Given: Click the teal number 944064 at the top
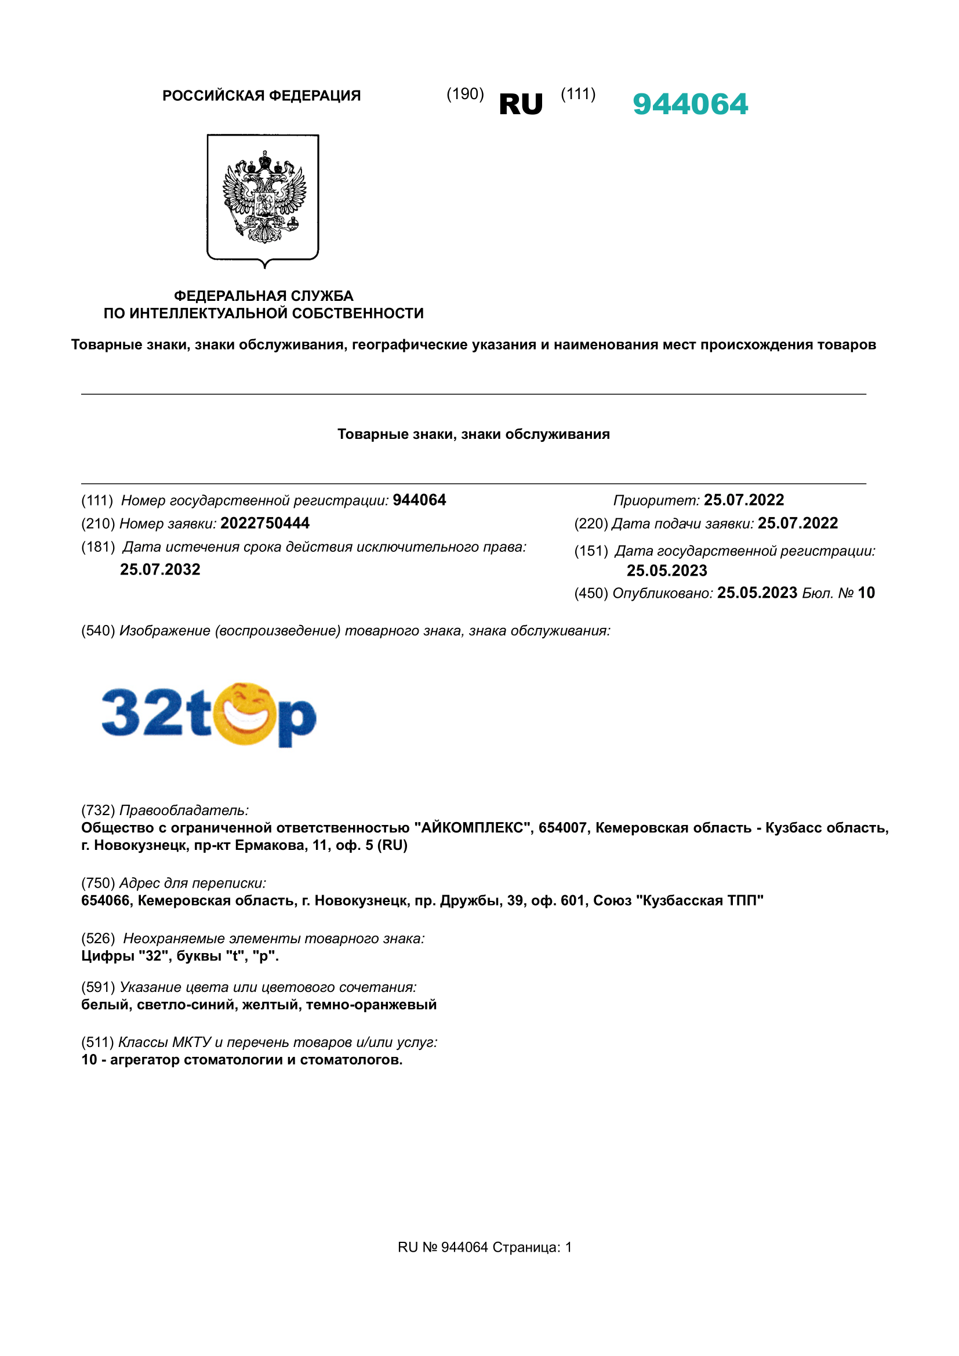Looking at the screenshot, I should coord(690,104).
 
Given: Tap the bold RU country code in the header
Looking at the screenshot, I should coord(520,104).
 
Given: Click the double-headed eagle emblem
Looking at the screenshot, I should coord(263,197).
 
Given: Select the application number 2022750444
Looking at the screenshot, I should coord(264,524).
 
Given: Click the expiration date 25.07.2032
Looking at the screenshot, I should coord(160,569).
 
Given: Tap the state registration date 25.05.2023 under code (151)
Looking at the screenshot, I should coord(667,570).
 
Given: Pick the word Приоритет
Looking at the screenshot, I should coord(656,500).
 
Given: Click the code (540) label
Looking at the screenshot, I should coord(98,631).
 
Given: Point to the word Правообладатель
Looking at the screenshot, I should coord(184,810).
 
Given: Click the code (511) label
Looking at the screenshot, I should coord(97,1042).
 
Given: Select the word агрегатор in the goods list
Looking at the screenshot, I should coord(145,1060).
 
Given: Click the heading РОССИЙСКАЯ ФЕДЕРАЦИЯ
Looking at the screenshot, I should coord(261,96).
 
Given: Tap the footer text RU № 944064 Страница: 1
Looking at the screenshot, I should coord(484,1248).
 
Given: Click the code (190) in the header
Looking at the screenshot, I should coord(465,94).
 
